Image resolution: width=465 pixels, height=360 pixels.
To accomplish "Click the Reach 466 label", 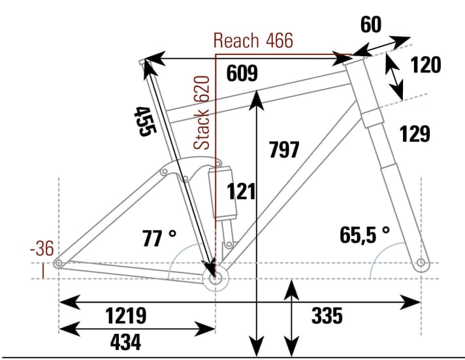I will (x=253, y=41).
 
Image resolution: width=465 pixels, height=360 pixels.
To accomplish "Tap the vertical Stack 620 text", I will (x=204, y=112).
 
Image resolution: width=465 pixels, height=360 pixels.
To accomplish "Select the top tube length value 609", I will (x=242, y=74).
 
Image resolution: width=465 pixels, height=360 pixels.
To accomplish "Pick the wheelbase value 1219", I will (x=126, y=316).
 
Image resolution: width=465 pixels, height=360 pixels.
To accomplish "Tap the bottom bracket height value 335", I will (x=327, y=316).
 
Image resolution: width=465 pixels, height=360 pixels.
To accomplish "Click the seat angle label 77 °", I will (x=159, y=238).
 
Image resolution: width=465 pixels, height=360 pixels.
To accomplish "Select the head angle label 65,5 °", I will (x=364, y=233).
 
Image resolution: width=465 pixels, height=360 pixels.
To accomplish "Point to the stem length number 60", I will (x=371, y=25).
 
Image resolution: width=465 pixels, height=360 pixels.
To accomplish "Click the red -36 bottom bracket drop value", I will (x=42, y=249).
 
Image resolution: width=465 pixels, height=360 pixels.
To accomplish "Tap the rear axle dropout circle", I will (x=59, y=263).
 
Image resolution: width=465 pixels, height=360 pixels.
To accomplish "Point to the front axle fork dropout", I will (x=421, y=263).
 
